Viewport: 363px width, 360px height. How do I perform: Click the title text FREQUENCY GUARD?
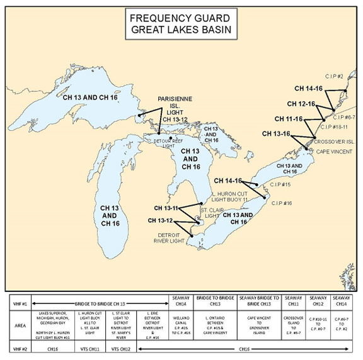pyautogui.click(x=181, y=18)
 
